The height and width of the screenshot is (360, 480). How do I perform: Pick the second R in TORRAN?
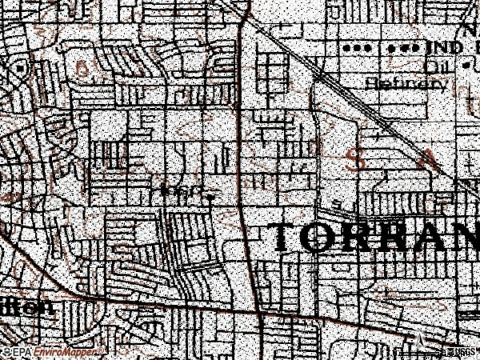tap(394, 238)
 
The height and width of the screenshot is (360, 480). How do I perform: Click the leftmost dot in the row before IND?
tap(347, 49)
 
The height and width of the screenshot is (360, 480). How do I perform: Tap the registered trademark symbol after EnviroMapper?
tap(102, 350)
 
